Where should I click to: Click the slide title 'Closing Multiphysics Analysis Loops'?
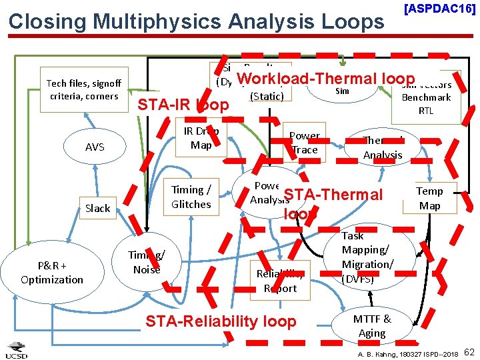click(196, 21)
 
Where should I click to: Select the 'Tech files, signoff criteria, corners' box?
click(84, 89)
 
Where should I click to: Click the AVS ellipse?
click(95, 147)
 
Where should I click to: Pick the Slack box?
click(97, 208)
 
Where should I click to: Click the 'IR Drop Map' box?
click(201, 138)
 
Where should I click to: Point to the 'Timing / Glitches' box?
click(191, 197)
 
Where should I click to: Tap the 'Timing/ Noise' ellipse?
click(147, 263)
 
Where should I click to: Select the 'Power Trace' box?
click(305, 143)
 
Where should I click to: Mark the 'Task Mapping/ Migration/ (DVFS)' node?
click(367, 257)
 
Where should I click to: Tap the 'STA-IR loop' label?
click(183, 105)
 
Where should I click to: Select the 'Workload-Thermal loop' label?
click(325, 78)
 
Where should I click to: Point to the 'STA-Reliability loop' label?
click(221, 321)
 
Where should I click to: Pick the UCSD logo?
click(16, 349)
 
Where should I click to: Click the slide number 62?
click(469, 351)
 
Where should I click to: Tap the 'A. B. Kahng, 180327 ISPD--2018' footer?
click(407, 353)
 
